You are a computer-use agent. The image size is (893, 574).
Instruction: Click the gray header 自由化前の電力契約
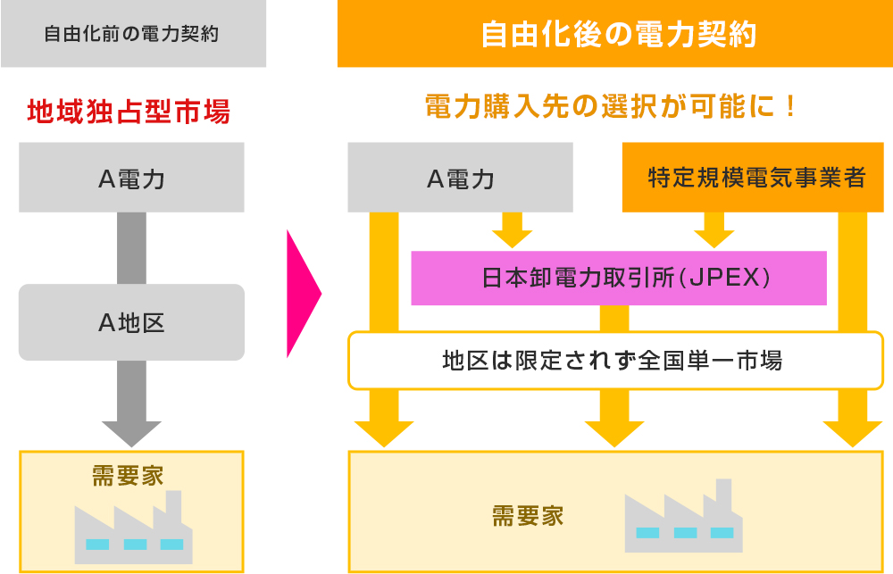(132, 35)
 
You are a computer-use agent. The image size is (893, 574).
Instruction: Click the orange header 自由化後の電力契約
(614, 35)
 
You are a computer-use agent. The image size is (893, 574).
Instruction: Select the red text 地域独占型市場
(129, 112)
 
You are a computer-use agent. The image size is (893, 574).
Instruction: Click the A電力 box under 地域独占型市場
(131, 179)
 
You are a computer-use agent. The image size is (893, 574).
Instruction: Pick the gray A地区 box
(131, 322)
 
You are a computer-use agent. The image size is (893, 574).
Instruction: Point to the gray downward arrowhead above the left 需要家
(131, 432)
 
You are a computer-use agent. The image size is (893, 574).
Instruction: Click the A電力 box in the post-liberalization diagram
(460, 179)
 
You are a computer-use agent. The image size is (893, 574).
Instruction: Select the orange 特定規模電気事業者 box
(755, 178)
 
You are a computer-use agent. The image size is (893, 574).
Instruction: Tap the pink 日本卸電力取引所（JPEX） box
(618, 278)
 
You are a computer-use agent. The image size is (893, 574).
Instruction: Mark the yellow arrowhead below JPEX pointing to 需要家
(613, 432)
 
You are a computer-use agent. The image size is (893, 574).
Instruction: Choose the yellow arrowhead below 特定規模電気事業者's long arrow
(853, 432)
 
